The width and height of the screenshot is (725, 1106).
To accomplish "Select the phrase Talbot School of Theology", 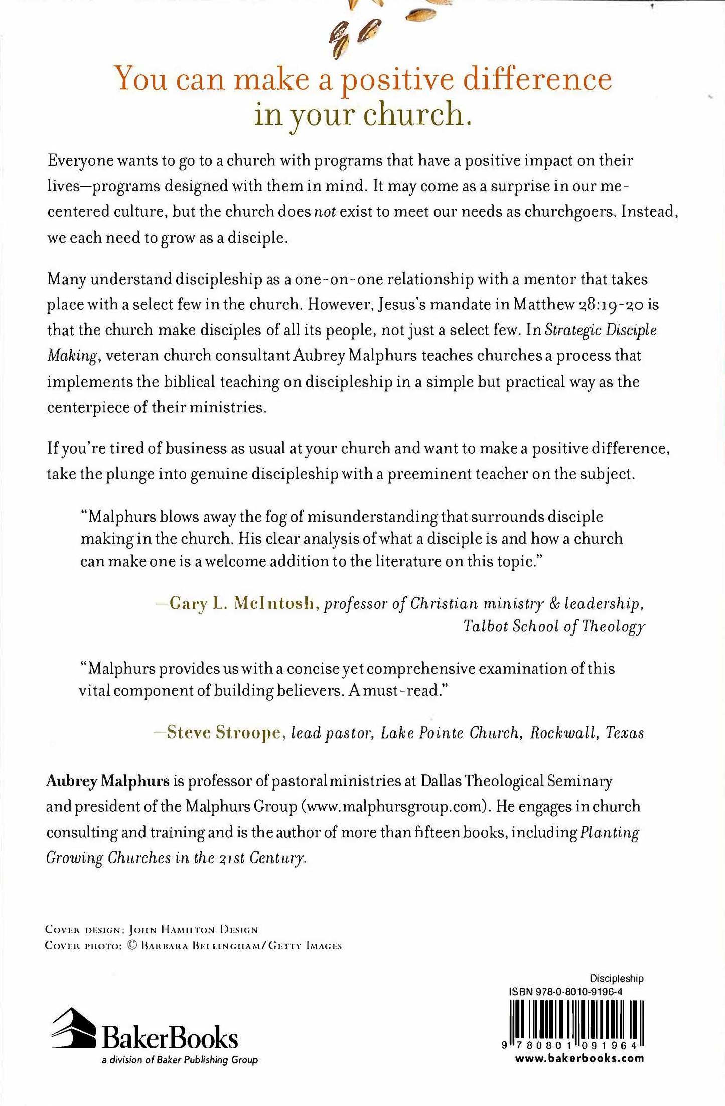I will (554, 627).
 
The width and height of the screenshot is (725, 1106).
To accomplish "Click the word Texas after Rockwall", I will (625, 733).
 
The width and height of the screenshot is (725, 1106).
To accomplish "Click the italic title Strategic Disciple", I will (601, 330).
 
